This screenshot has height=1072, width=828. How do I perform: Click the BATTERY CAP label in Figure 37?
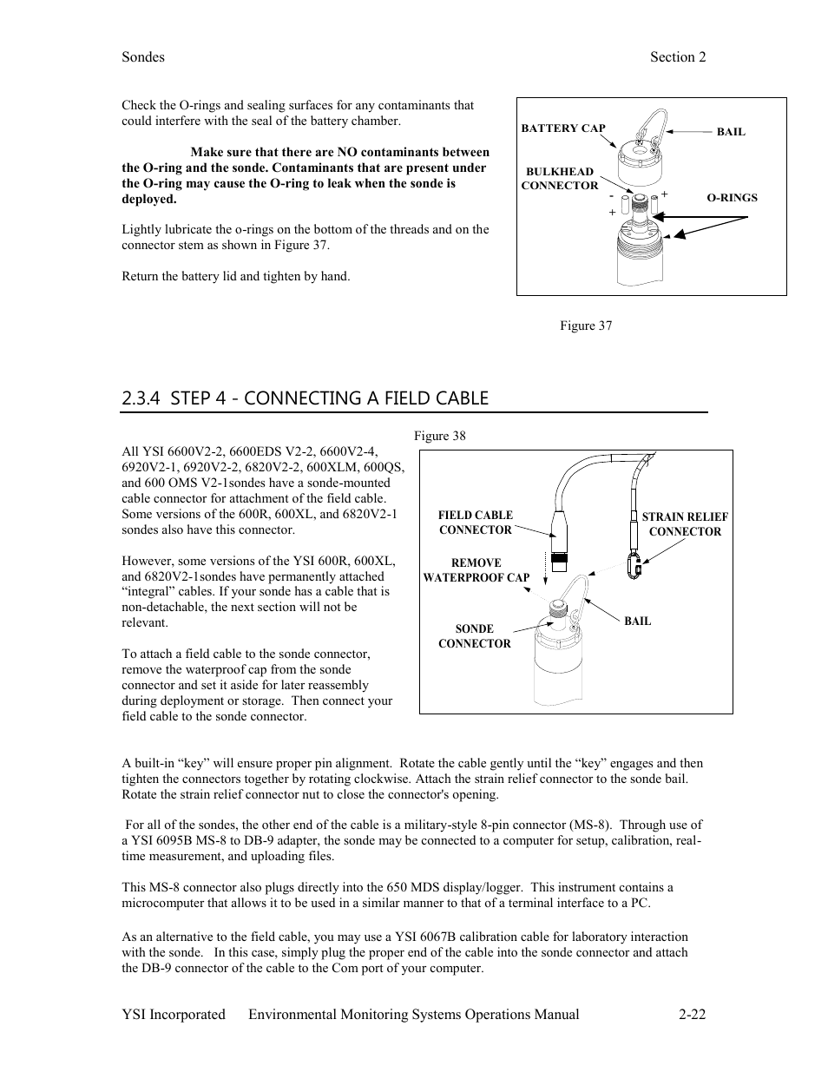[563, 128]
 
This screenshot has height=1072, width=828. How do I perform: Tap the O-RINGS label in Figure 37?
[732, 198]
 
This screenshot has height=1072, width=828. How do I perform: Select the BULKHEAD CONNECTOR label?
[560, 179]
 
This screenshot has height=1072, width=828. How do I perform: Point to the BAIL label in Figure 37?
[731, 132]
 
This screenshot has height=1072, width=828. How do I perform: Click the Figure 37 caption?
[586, 326]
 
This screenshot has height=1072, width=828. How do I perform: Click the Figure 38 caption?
[439, 436]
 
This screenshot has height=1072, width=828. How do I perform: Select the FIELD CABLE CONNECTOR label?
[475, 523]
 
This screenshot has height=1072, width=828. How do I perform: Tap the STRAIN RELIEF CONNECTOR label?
[685, 524]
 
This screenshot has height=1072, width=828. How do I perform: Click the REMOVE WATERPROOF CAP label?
[476, 570]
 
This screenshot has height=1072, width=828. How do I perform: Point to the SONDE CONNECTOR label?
[474, 636]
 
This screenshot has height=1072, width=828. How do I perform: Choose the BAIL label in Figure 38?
[637, 621]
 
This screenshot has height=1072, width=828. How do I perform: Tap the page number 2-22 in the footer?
[693, 1015]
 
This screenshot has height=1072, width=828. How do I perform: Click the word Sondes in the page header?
[143, 57]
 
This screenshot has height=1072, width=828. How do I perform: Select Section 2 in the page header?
[678, 57]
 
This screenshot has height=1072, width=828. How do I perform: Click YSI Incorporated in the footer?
[174, 1015]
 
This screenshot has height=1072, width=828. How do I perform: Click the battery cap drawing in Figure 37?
[636, 161]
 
